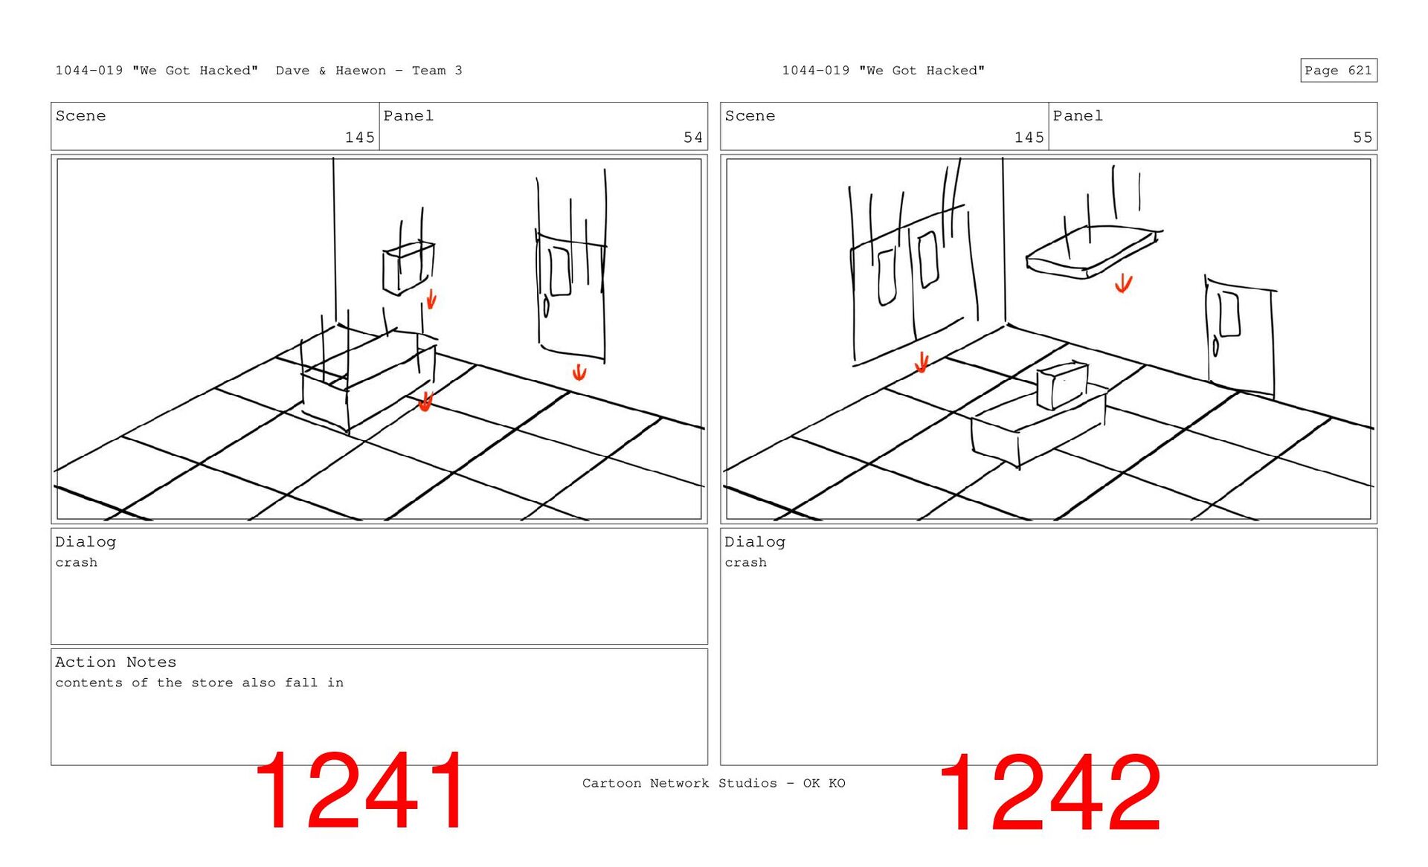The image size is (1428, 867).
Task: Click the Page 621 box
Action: coord(1338,70)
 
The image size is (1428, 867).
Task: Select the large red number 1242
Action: coord(1050,793)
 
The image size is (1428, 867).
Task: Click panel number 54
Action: coord(692,138)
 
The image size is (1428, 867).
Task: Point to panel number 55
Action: coord(1362,138)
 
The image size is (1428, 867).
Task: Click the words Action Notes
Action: coord(115,662)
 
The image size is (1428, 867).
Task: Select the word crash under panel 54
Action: coord(76,563)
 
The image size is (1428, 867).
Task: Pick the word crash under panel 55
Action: coord(745,563)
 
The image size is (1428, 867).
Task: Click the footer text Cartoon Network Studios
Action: coord(679,783)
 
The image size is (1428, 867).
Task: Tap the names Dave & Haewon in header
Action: coord(331,71)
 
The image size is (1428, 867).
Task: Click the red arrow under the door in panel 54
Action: coord(579,372)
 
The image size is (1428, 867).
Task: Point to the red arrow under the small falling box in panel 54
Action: coord(431,299)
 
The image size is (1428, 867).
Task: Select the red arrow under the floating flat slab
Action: coord(1123,283)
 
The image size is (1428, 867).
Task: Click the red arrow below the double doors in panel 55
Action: coord(922,362)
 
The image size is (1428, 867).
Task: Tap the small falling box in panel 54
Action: coord(408,268)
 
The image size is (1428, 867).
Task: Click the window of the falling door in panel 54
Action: coord(559,271)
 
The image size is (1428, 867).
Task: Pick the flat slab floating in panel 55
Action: coord(1090,252)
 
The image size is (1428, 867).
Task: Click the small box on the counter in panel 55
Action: coord(1062,385)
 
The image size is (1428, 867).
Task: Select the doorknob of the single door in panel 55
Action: coord(1216,347)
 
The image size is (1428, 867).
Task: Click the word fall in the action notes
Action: coord(301,683)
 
